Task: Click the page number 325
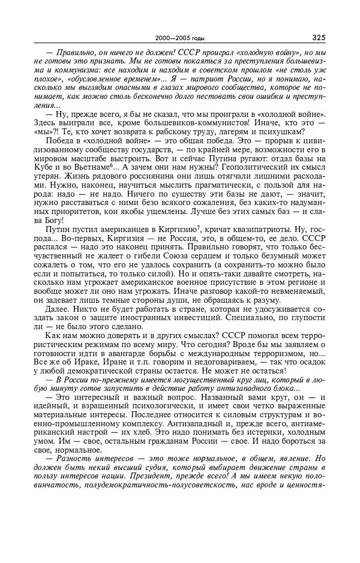[318, 37]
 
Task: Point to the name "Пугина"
[230, 161]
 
